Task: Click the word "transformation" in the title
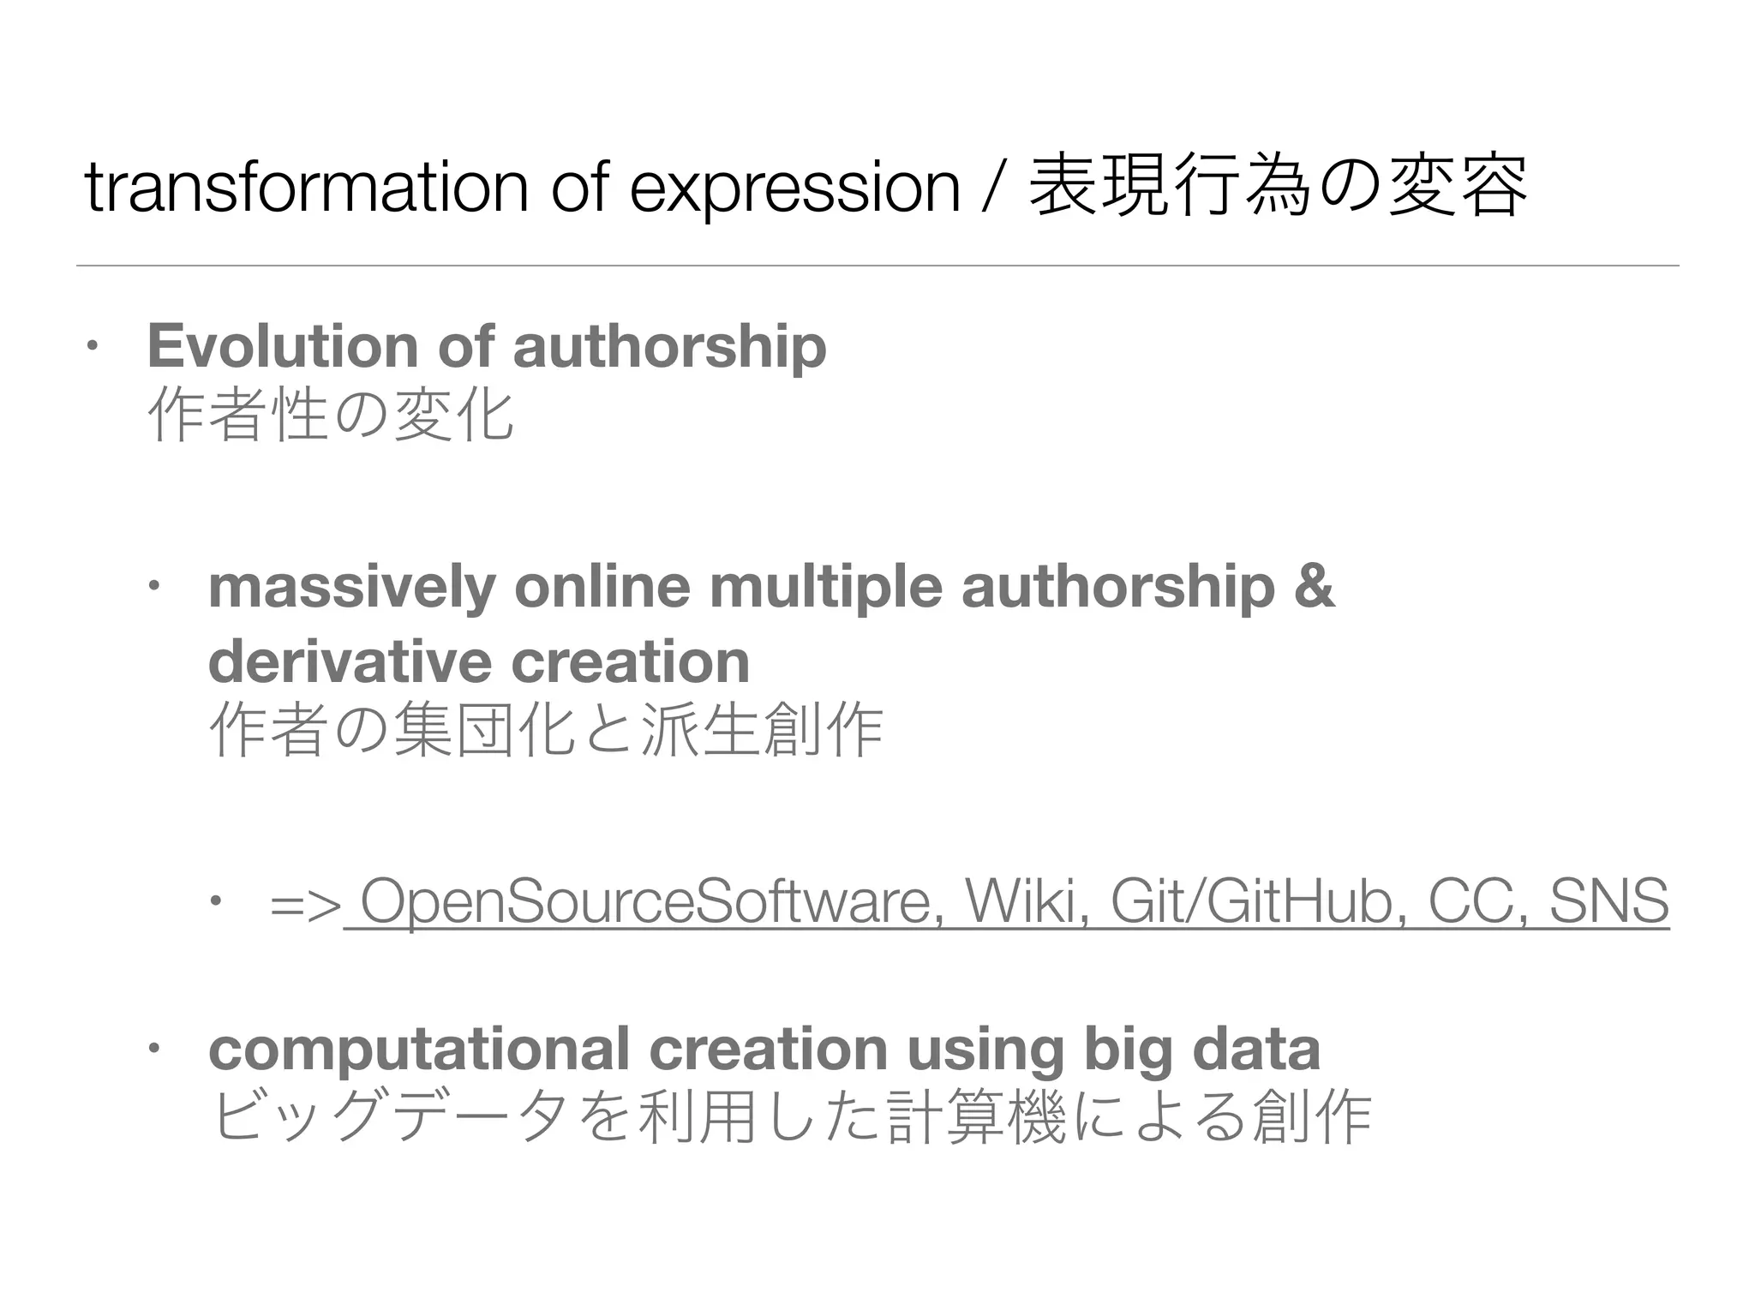[307, 188]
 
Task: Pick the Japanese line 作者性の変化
[330, 416]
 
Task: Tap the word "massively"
[351, 588]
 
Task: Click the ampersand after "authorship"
[1315, 588]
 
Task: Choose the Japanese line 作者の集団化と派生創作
[545, 731]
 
